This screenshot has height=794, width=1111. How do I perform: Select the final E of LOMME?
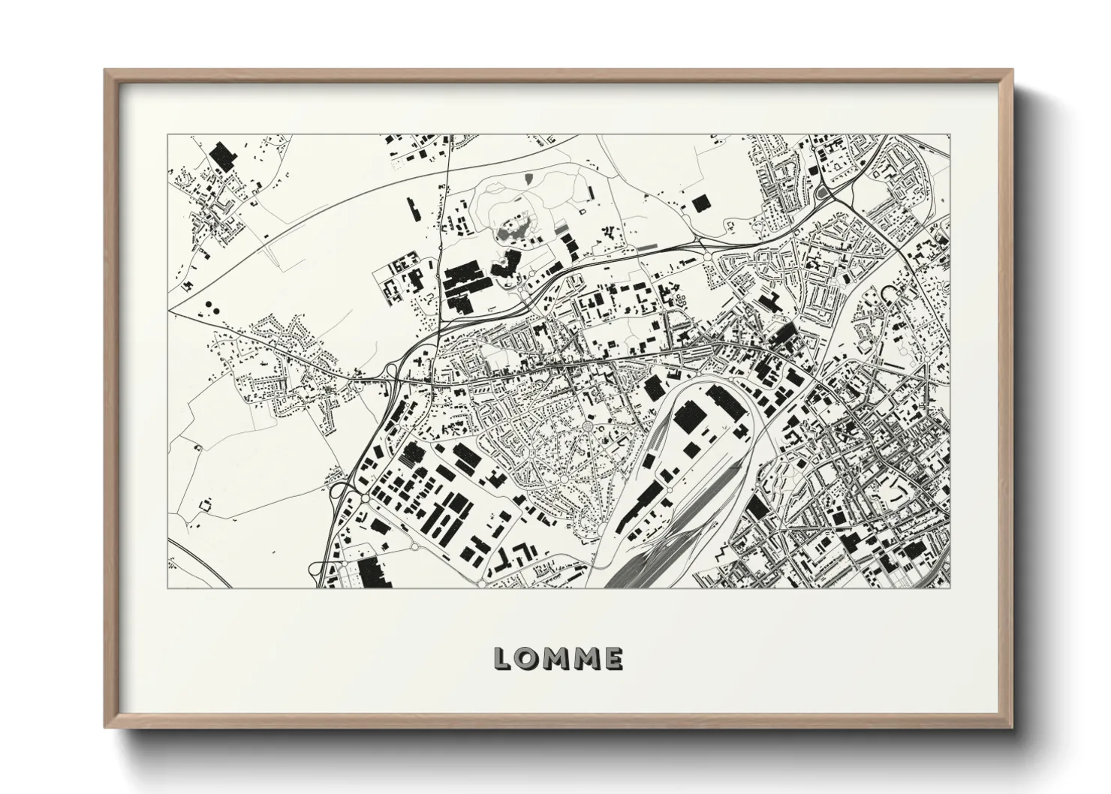(x=612, y=659)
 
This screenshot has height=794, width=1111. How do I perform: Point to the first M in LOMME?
(x=557, y=659)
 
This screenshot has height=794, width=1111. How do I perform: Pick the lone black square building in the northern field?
(x=700, y=203)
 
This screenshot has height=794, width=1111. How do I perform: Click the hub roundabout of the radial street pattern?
(x=588, y=427)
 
